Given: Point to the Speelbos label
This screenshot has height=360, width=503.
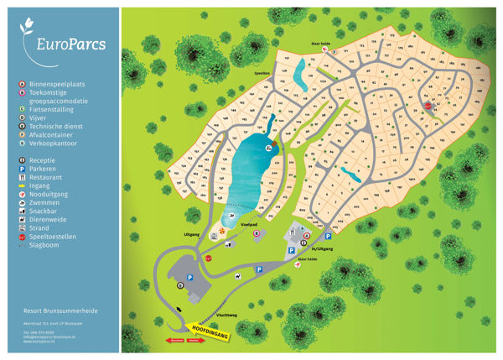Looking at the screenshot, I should [262, 73].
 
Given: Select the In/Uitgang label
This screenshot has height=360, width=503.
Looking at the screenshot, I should [321, 249].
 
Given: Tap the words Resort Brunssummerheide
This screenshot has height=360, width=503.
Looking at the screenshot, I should [60, 310].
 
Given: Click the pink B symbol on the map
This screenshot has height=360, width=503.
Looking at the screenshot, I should [256, 234].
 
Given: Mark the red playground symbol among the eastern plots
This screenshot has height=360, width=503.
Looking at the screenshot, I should [427, 107].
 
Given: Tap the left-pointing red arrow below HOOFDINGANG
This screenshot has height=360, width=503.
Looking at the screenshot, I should [176, 342].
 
